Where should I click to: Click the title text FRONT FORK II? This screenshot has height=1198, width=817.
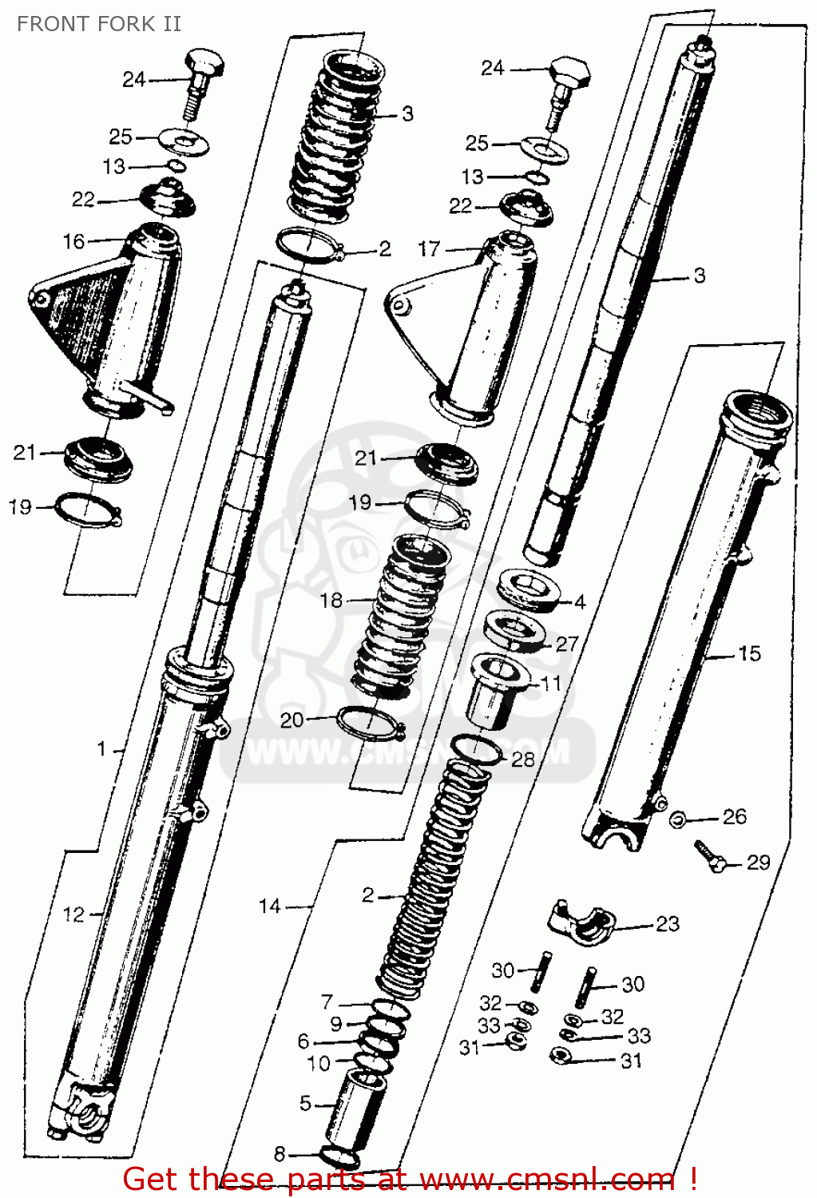99,24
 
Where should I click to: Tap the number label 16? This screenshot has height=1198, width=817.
73,241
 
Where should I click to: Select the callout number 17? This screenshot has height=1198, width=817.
429,249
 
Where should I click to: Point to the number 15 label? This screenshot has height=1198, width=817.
749,653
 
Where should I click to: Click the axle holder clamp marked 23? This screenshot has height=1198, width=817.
581,922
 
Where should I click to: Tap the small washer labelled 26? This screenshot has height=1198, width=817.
677,819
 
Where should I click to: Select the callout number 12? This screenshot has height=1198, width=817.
73,914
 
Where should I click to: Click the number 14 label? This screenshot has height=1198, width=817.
270,906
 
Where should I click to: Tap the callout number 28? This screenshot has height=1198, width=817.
522,759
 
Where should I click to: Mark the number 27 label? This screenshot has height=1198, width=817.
566,644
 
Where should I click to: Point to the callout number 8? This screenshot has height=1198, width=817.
280,1154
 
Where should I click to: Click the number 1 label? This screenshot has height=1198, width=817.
101,749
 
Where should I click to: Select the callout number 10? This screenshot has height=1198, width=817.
318,1064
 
